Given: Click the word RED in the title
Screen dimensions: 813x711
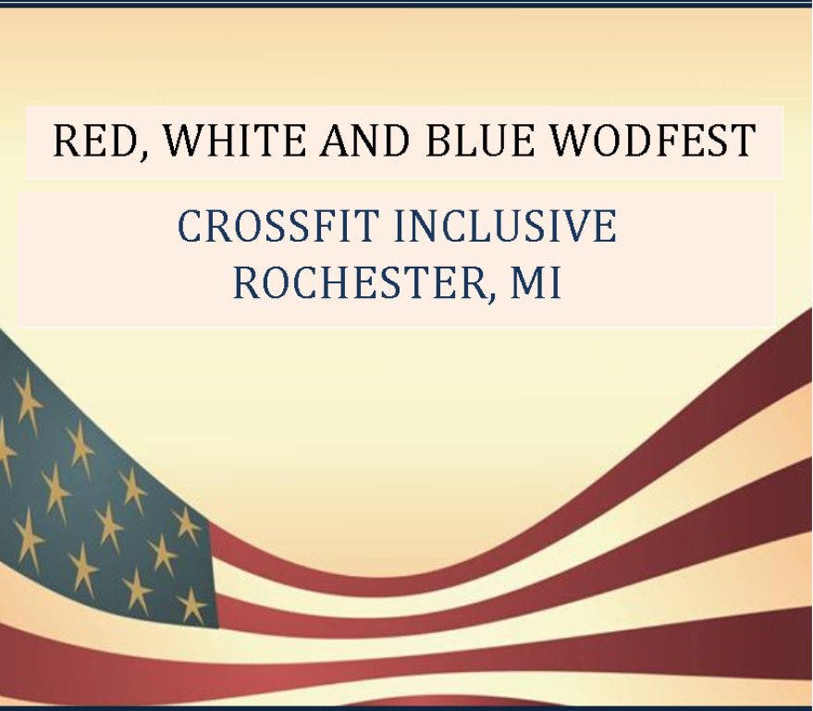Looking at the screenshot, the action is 96,141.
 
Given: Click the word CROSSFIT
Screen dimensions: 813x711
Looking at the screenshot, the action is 276,226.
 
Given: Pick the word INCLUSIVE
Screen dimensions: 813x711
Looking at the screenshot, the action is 506,226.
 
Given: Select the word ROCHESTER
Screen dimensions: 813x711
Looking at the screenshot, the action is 358,283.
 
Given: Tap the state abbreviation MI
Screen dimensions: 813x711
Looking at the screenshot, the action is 536,283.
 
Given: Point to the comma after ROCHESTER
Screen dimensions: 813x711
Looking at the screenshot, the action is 489,297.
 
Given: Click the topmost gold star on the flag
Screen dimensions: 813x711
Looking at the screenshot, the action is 27,402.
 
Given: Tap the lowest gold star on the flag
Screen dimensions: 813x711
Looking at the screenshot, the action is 191,605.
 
